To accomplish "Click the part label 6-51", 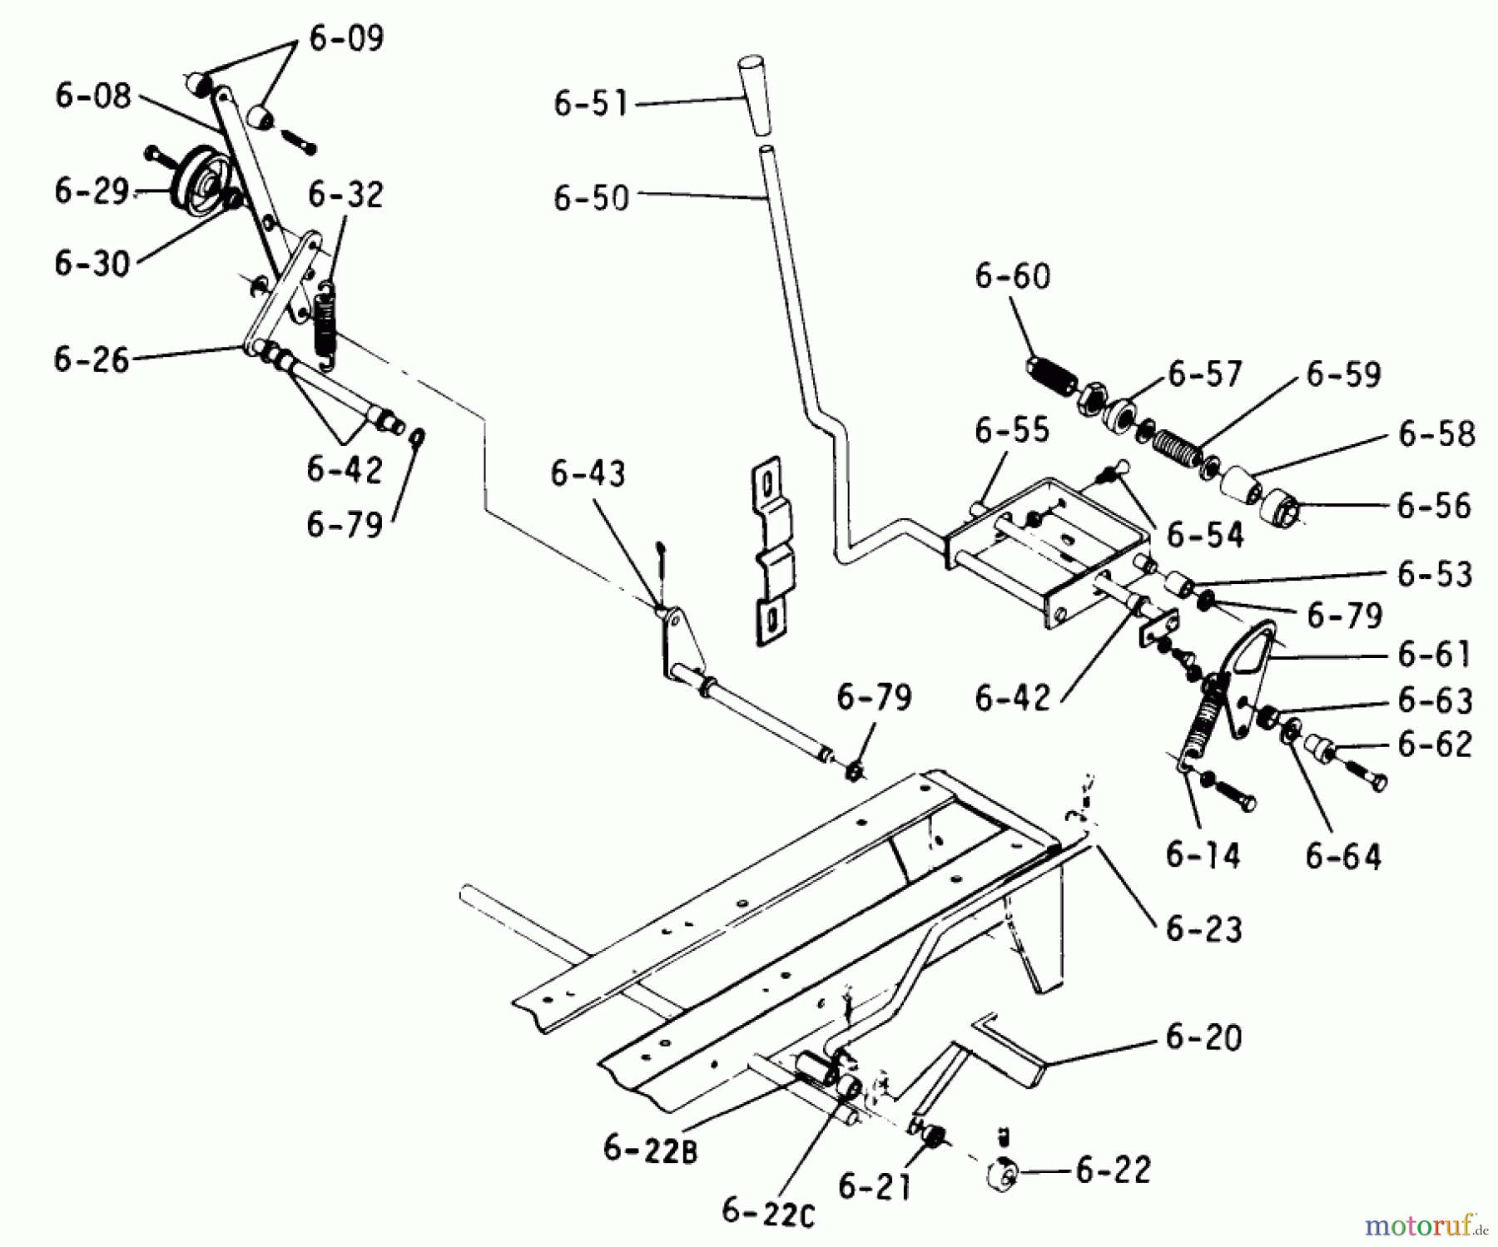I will (x=591, y=104).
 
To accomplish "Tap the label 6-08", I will (x=93, y=96).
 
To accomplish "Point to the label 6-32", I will (x=345, y=195).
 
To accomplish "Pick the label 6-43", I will (x=588, y=474).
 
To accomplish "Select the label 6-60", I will (x=1013, y=276).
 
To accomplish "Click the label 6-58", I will (x=1437, y=433).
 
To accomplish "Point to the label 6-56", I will (x=1434, y=506).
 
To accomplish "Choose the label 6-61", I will (x=1435, y=655).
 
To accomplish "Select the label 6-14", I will (x=1203, y=855).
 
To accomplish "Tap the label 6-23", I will (x=1203, y=929).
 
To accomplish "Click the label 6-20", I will (x=1203, y=1037).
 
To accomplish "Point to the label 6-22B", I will (x=651, y=1150).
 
